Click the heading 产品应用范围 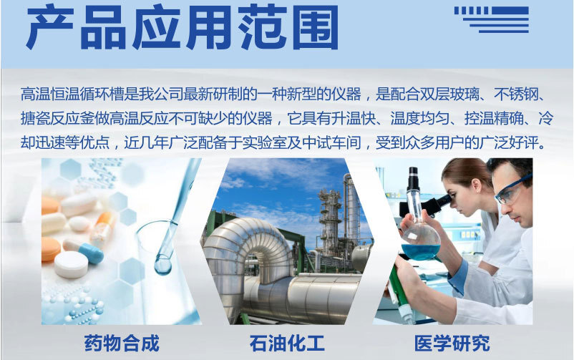(x=182, y=27)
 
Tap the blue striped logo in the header (x=491, y=19)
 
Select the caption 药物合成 (x=122, y=343)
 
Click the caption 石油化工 (x=287, y=343)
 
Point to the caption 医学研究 (x=452, y=343)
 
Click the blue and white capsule (x=84, y=251)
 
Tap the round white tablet (x=71, y=264)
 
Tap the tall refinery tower (x=350, y=209)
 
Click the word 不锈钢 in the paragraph (x=516, y=94)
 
